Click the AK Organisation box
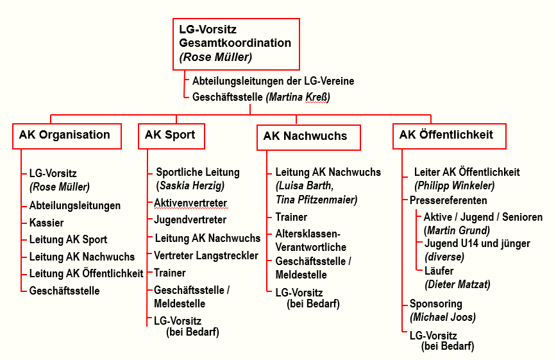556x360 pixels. (65, 135)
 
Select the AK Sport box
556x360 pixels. (171, 135)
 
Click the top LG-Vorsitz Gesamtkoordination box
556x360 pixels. (236, 44)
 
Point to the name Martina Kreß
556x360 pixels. (300, 97)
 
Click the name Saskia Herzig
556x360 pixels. (190, 186)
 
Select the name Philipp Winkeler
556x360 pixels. (455, 186)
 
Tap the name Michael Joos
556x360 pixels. (443, 318)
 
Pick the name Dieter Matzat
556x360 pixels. (457, 285)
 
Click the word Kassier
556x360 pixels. (47, 223)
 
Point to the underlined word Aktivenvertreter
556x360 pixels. (190, 203)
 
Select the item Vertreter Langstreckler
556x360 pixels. (206, 255)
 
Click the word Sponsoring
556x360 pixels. (436, 304)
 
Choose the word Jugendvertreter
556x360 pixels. (190, 220)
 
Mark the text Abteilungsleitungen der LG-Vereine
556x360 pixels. (273, 81)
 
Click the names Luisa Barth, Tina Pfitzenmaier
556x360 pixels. (316, 193)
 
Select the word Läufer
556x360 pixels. (439, 271)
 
